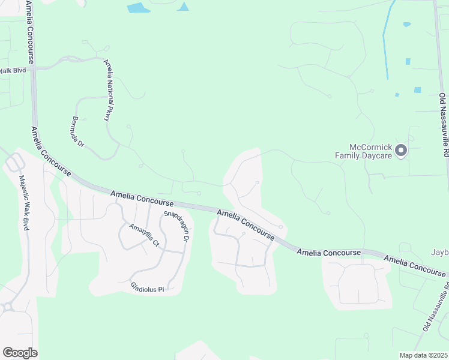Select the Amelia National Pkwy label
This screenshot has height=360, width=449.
109,90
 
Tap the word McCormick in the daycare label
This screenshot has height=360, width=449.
372,147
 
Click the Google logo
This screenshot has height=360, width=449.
20,353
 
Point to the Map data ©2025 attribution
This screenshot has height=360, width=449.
423,355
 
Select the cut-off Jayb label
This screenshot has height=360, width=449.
439,251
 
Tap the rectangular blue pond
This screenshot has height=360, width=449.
139,8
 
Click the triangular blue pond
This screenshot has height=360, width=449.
183,7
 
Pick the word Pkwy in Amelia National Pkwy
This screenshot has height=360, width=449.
107,112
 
